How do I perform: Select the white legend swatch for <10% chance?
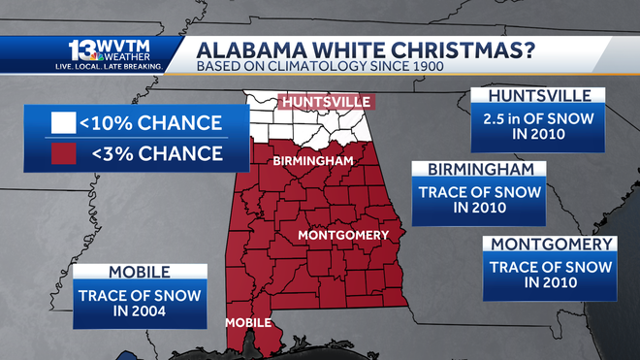[64, 123]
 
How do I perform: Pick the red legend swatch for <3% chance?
[64, 153]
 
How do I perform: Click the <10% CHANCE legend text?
[153, 123]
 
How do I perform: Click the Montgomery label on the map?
[342, 235]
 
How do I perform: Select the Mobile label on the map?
[246, 322]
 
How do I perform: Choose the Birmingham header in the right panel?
[480, 171]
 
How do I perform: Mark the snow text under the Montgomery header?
[551, 274]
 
